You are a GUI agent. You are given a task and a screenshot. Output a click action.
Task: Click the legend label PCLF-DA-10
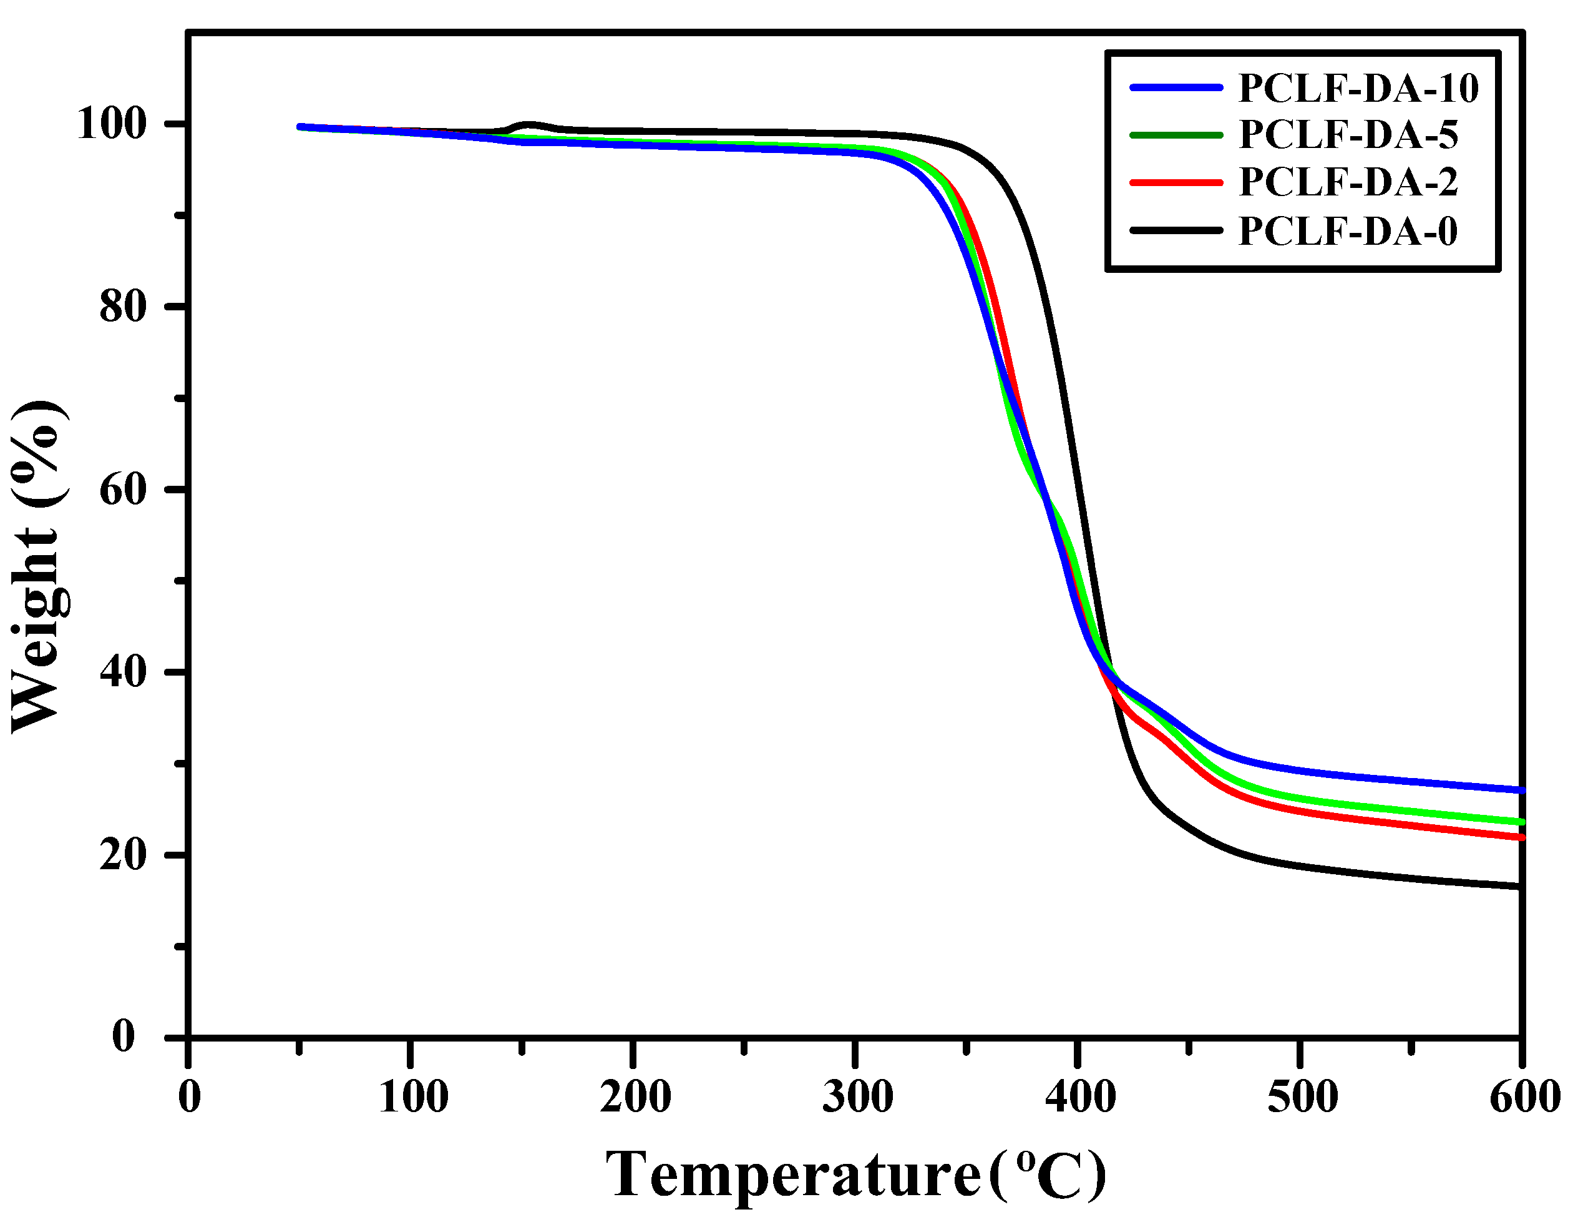coord(1358,88)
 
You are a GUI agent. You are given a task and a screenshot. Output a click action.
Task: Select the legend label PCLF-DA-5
coord(1348,135)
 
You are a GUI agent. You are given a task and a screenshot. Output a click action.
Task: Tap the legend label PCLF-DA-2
coord(1348,182)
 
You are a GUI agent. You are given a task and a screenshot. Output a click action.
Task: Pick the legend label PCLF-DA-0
coord(1348,230)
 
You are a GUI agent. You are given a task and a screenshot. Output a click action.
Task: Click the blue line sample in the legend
coord(1176,87)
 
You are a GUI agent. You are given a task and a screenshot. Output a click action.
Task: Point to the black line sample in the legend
coord(1176,230)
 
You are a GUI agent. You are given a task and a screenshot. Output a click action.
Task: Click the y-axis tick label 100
coord(111,125)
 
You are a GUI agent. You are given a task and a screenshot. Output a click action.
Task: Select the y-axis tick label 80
coord(122,308)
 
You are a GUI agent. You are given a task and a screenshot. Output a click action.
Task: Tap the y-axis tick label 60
coord(122,490)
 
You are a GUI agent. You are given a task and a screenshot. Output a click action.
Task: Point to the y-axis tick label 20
coord(122,855)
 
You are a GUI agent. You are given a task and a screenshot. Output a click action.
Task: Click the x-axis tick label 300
coord(857,1098)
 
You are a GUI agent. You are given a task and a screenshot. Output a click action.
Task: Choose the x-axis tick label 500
coord(1302,1098)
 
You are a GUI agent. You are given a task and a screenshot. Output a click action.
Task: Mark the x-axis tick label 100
coord(412,1098)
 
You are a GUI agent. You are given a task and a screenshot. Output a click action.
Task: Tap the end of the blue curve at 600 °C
coord(1520,791)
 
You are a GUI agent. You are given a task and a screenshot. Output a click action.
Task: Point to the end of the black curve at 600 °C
coord(1520,886)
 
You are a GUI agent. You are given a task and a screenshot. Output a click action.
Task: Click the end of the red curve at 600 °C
coord(1520,837)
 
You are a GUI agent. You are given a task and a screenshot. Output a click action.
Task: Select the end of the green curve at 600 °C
coord(1520,822)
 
